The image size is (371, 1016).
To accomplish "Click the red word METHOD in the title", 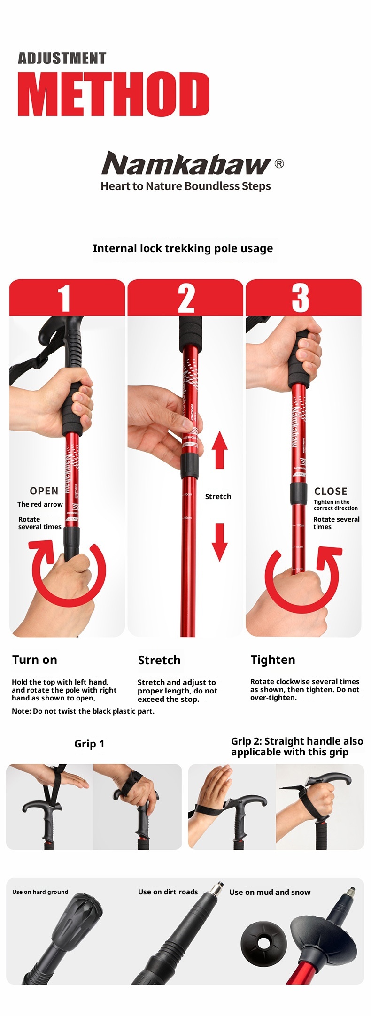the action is point(113,94).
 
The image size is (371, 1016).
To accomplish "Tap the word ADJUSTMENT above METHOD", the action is point(62,58).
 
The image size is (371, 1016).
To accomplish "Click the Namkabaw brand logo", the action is point(186,163).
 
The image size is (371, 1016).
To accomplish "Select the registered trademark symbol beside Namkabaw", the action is point(279,163).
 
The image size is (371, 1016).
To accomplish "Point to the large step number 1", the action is point(64,298).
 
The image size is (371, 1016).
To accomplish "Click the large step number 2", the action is point(186,298).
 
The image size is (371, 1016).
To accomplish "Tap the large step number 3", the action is point(301,298).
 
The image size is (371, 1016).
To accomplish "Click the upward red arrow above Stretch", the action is point(219,450).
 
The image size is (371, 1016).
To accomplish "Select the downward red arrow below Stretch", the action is point(219,542).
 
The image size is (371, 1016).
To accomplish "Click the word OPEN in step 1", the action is point(44,491).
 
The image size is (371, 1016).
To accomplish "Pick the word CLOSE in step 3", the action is point(331,492).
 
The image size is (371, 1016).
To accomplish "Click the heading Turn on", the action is point(35,660).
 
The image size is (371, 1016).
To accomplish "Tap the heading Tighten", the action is point(273,660).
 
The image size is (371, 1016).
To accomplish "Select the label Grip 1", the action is point(89,744).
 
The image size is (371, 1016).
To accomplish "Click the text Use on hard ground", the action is point(40,892).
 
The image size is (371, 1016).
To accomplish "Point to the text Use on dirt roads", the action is point(168,892).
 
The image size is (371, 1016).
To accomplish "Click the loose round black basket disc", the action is point(263,942).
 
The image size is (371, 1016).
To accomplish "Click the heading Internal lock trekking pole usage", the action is point(183,248).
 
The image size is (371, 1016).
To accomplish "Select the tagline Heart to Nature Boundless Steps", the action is point(185,186).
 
